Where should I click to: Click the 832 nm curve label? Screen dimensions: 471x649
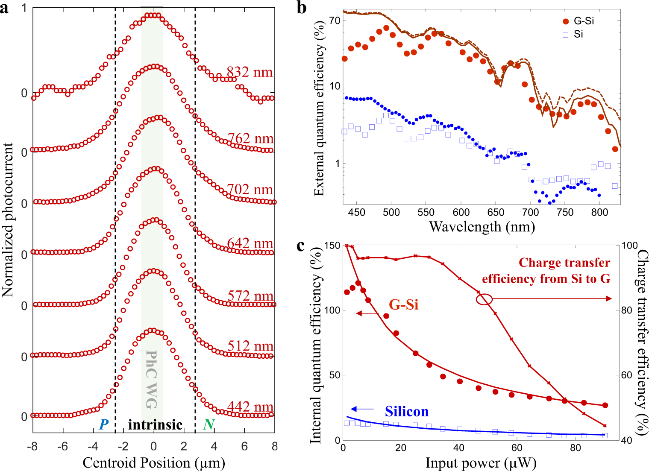tap(250, 72)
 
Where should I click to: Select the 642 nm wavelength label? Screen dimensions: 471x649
tap(250, 243)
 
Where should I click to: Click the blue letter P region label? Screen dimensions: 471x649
tap(103, 424)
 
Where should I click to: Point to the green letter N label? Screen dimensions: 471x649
tap(209, 424)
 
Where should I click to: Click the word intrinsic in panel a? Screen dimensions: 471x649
tap(156, 424)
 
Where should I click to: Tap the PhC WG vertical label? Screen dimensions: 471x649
tap(152, 379)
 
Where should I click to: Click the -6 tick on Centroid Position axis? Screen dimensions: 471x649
tap(63, 447)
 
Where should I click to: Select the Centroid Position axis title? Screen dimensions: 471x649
tap(154, 463)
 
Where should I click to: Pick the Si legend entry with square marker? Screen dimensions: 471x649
tap(574, 34)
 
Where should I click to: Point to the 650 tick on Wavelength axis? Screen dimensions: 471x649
tap(496, 212)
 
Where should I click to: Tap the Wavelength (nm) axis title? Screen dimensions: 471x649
tap(482, 226)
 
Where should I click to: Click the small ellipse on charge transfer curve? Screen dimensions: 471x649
tap(484, 300)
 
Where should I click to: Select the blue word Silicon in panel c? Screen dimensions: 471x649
tap(406, 411)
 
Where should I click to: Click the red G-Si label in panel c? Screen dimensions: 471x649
tap(403, 304)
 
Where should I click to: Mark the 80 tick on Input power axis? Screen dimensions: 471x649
tap(576, 448)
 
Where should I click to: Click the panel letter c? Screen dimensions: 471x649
tap(301, 246)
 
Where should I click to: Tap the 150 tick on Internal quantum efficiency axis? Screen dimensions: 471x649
tap(332, 246)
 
